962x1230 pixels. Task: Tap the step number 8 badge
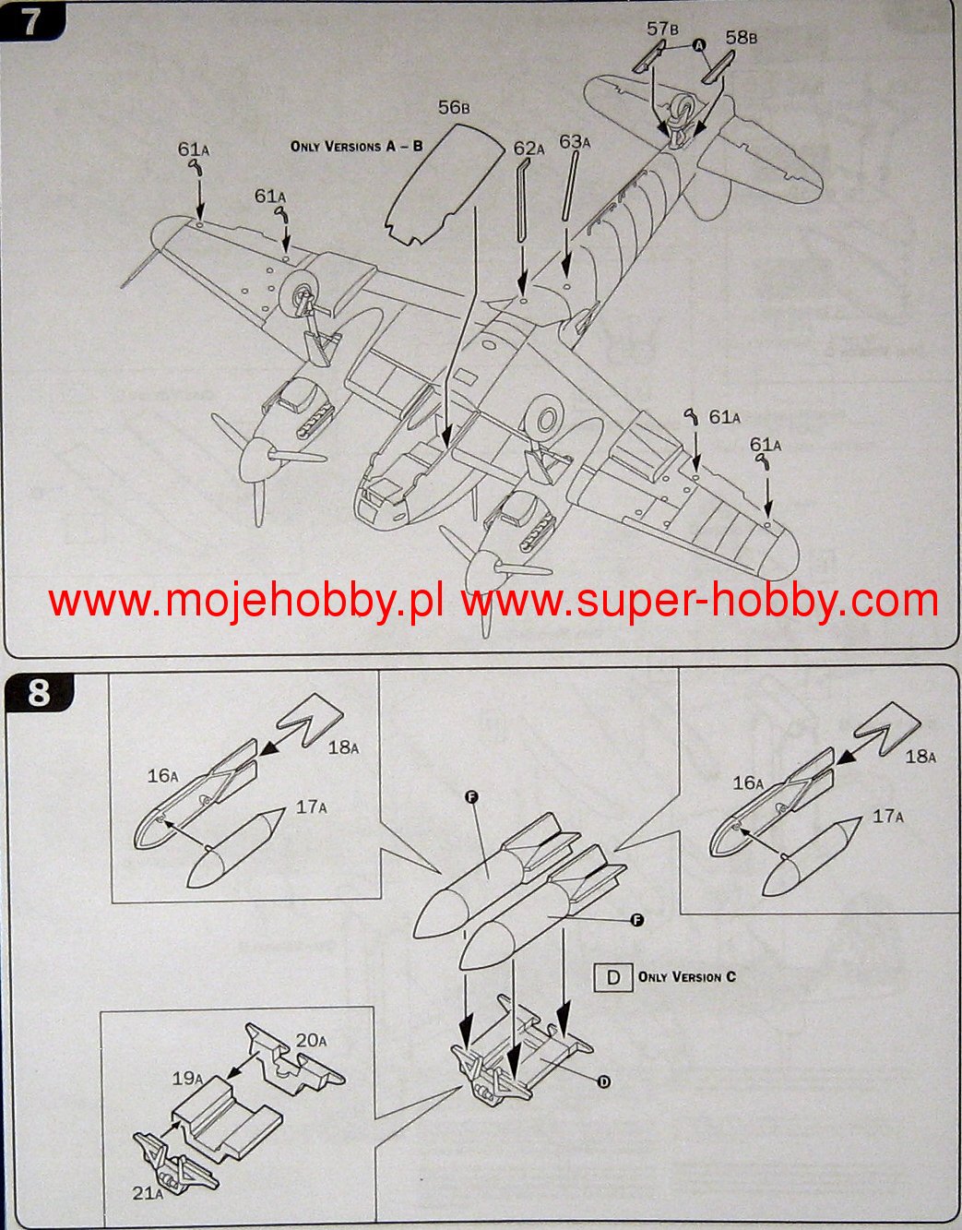point(39,691)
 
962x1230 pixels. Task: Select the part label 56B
point(455,109)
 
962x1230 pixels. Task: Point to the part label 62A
point(530,149)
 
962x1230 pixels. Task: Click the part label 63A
point(575,142)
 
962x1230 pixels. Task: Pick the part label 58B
point(741,38)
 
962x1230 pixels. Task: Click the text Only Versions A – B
point(356,146)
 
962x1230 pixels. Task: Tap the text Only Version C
point(687,976)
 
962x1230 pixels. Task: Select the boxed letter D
point(614,977)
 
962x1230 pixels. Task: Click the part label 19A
point(187,1077)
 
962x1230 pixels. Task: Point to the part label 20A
point(311,1041)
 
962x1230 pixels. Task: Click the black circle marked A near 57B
point(698,45)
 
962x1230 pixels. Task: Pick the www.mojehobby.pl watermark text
point(245,601)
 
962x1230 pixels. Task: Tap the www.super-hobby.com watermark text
point(700,601)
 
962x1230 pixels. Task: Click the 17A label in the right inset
point(889,817)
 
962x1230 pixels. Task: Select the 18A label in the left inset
point(343,747)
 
